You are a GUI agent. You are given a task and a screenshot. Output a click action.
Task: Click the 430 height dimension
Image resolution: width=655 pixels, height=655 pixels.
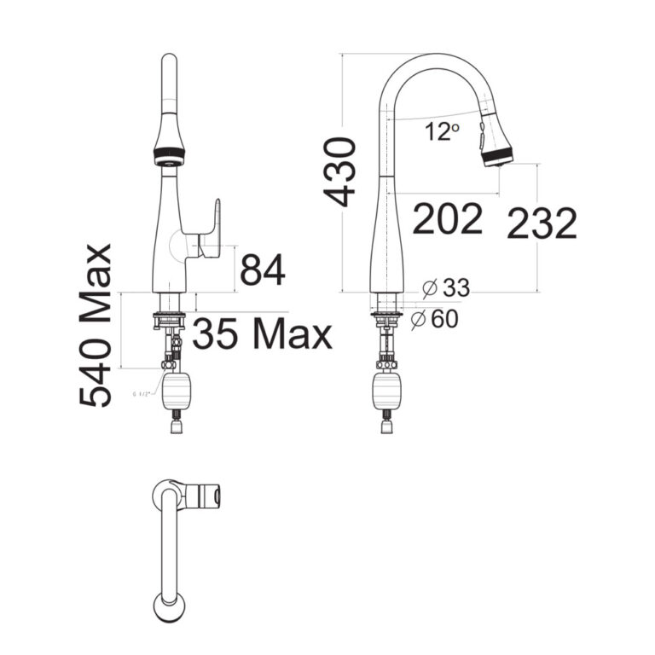(x=341, y=171)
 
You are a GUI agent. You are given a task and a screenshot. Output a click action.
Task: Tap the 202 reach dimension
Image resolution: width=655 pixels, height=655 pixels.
(x=448, y=220)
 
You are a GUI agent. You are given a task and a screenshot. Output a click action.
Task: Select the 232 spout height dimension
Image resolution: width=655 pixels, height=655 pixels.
(x=542, y=224)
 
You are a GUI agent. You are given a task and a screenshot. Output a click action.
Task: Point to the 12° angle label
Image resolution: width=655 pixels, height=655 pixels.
(x=442, y=133)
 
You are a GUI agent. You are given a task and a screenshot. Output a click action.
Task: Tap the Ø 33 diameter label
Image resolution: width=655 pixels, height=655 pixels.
(x=445, y=288)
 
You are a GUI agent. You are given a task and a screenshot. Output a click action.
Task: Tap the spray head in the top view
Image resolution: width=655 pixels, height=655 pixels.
(x=210, y=495)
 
